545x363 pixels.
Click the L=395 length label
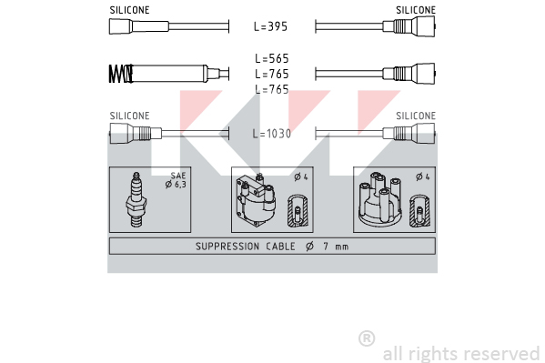point(271,26)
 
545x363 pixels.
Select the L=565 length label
point(272,58)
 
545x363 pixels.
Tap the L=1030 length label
point(272,134)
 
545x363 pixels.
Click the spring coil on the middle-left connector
point(121,74)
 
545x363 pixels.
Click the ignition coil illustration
point(257,200)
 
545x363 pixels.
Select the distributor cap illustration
point(380,199)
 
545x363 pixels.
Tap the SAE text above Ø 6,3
point(178,176)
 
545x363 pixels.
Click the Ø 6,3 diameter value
point(176,185)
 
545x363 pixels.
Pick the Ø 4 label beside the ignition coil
point(301,177)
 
